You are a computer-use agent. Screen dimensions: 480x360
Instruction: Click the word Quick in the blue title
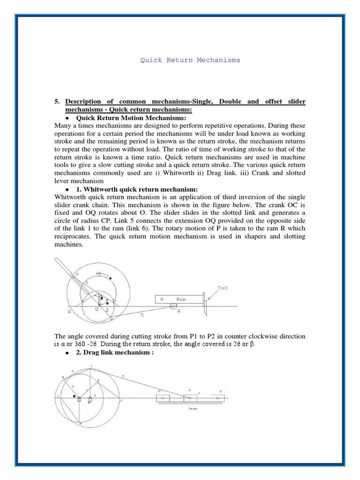click(x=150, y=60)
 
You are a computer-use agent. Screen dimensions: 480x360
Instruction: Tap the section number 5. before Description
click(x=58, y=101)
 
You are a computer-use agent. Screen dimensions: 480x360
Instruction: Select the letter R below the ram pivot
click(x=179, y=315)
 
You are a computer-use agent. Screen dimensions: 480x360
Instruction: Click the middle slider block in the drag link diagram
click(x=190, y=398)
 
